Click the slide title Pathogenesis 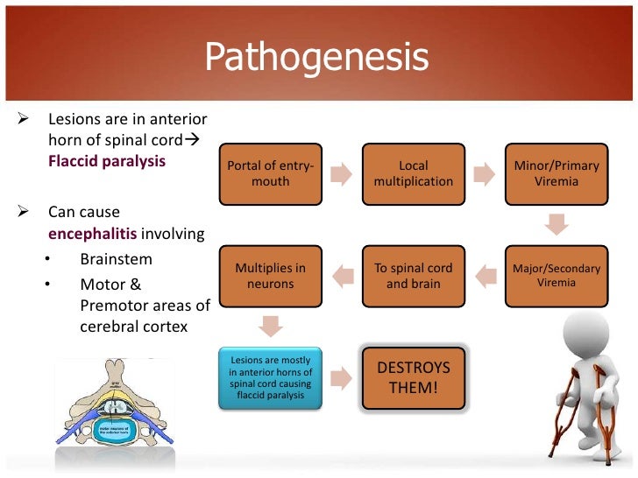[x=316, y=58]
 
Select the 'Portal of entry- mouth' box [x=270, y=173]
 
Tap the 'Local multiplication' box [x=413, y=173]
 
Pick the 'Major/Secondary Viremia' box [x=556, y=277]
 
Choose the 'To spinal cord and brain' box [x=413, y=277]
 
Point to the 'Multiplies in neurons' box [x=270, y=277]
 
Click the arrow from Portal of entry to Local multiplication [x=342, y=173]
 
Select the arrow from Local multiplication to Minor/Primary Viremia [x=485, y=173]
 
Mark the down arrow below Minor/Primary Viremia [x=556, y=225]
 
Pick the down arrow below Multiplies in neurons [x=270, y=327]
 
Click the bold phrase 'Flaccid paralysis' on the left [x=107, y=161]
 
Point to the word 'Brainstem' [x=116, y=259]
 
